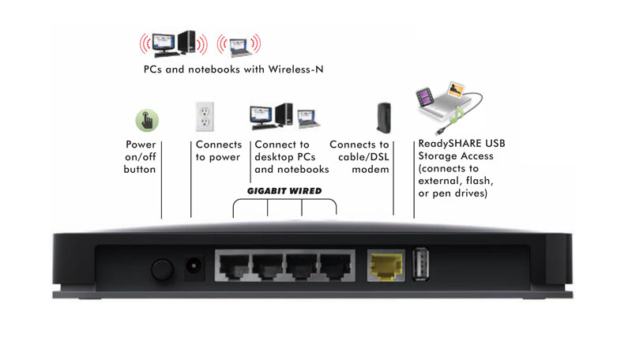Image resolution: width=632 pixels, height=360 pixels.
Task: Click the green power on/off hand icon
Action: (147, 120)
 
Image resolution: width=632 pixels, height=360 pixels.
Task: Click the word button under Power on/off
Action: (140, 170)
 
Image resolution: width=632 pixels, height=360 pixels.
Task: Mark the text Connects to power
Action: (217, 151)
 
